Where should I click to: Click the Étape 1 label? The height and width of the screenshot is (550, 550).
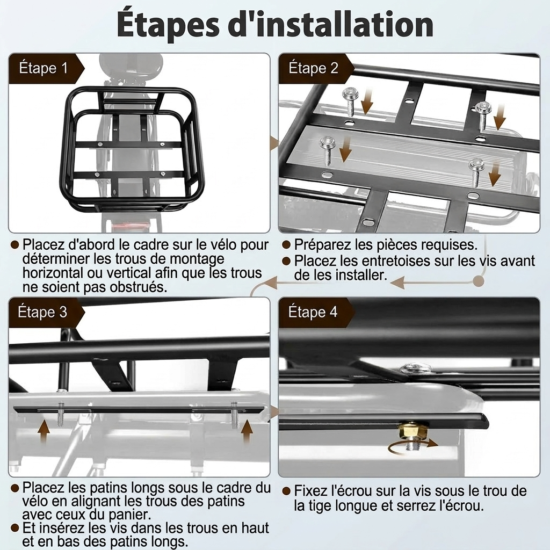[x=43, y=68]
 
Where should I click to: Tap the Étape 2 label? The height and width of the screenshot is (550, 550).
[x=313, y=68]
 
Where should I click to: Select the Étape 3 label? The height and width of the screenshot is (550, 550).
[x=42, y=312]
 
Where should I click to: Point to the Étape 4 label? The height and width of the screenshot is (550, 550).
[x=313, y=312]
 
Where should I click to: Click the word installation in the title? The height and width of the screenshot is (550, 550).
[x=331, y=25]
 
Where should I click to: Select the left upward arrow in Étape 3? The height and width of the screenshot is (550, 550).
[x=44, y=430]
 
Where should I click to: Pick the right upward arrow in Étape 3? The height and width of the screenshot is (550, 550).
[x=247, y=431]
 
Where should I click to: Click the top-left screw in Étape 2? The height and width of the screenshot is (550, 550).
[x=350, y=101]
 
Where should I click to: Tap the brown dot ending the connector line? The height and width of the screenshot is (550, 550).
[x=479, y=280]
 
